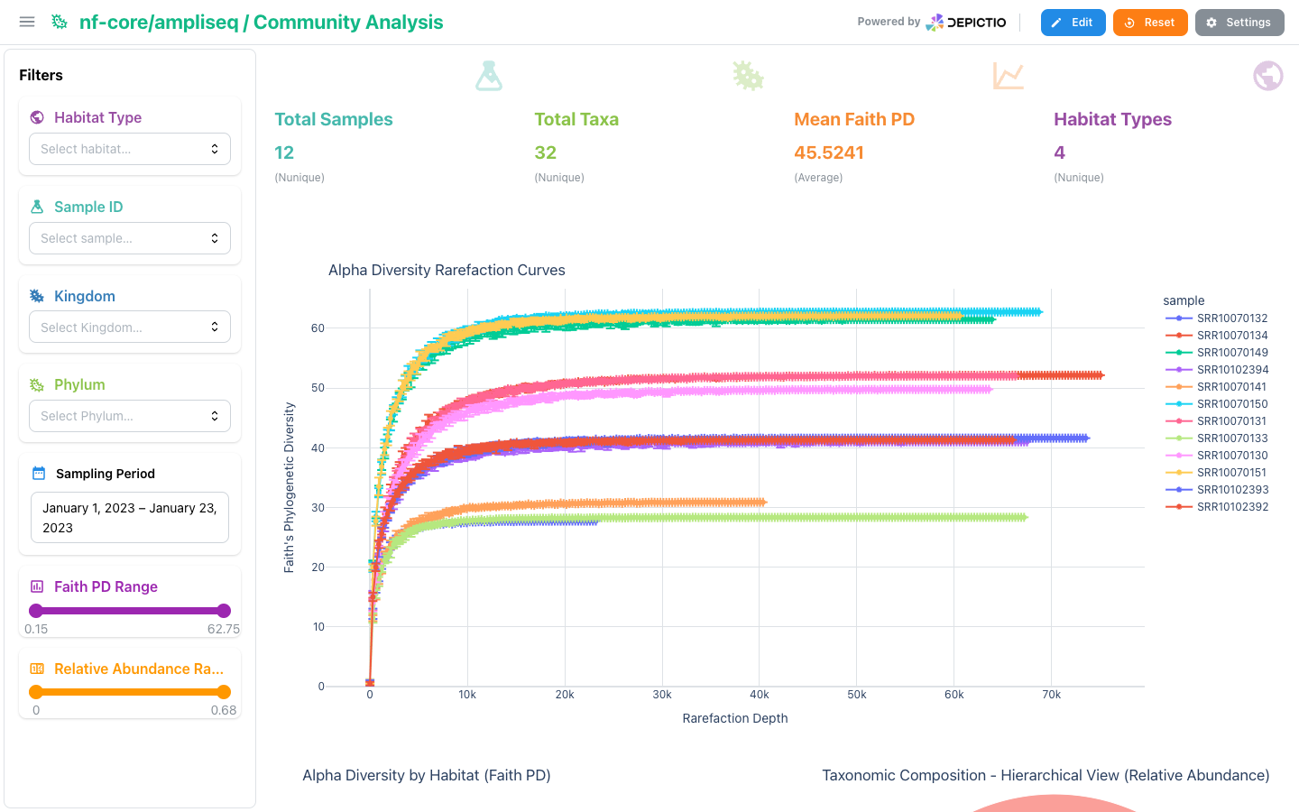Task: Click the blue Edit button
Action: (x=1073, y=23)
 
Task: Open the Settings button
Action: (x=1239, y=23)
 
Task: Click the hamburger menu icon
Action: (x=27, y=22)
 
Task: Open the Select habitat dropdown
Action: (x=130, y=149)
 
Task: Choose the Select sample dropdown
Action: (x=130, y=238)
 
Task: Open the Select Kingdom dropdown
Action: (x=130, y=328)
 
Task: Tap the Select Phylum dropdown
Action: (x=130, y=416)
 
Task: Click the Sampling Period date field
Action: (x=130, y=517)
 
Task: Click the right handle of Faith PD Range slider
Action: (x=224, y=610)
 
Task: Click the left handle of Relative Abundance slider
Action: (x=36, y=691)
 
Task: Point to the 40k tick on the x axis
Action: (x=760, y=695)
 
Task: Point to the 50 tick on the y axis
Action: (x=318, y=387)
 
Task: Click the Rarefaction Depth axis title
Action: (x=734, y=718)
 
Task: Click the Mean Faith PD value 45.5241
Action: (x=829, y=152)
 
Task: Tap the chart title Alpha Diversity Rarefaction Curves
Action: (x=447, y=270)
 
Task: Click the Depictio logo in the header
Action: (x=966, y=23)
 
